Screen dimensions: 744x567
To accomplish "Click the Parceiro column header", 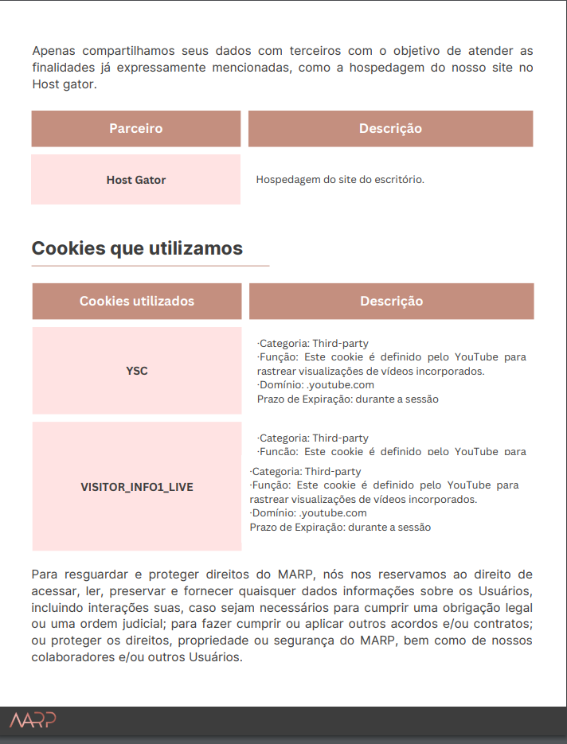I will [135, 129].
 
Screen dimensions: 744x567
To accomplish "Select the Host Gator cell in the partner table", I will [135, 180].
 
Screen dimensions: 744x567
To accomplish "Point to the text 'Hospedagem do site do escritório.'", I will [340, 180].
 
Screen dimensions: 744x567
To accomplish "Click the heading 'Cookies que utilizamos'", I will [137, 248].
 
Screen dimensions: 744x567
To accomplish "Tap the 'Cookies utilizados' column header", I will [136, 301].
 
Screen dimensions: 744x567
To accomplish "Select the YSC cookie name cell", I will [136, 371].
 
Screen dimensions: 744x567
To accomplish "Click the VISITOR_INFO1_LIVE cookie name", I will [136, 487].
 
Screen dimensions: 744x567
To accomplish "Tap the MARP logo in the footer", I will [33, 721].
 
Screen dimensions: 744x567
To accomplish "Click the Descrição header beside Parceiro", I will [390, 129].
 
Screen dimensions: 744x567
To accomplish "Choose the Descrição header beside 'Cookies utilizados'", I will [391, 301].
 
